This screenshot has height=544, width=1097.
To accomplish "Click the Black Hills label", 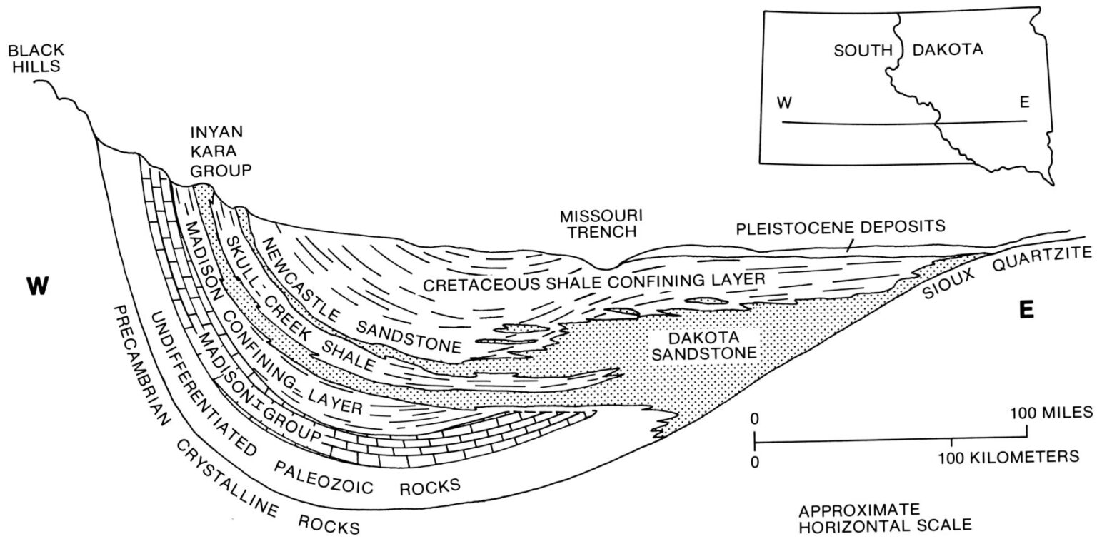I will [x=35, y=58].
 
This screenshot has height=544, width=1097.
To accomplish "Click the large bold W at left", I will [x=37, y=286].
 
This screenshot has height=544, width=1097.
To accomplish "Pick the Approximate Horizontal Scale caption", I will [x=885, y=518].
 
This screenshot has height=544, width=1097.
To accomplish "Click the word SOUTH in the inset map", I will [x=863, y=50].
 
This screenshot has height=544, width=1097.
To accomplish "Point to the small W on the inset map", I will [x=785, y=103].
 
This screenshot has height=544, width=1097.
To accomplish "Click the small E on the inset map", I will [x=1024, y=103].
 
